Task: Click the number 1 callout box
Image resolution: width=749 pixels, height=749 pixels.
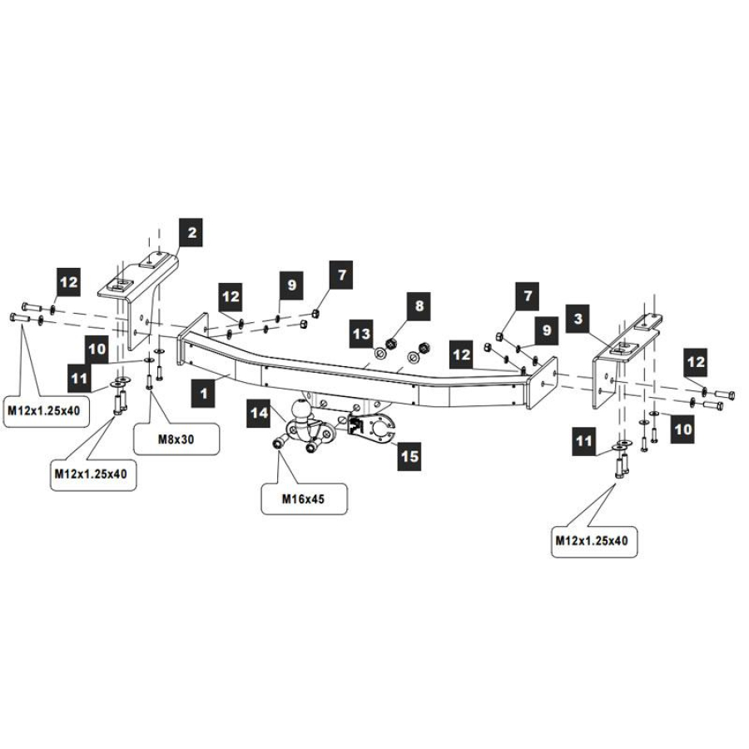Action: pyautogui.click(x=204, y=394)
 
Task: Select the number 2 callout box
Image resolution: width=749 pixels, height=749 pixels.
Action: pyautogui.click(x=191, y=233)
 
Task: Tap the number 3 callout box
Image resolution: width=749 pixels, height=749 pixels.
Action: pyautogui.click(x=578, y=319)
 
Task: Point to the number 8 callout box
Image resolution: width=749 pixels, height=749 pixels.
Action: pyautogui.click(x=419, y=306)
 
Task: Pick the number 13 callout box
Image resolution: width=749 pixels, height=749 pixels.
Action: pyautogui.click(x=361, y=334)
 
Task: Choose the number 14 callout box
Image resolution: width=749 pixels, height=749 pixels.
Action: pyautogui.click(x=260, y=413)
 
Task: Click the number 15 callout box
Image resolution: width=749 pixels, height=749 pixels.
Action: pyautogui.click(x=409, y=456)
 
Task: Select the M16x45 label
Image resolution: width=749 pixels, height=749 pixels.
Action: pyautogui.click(x=303, y=499)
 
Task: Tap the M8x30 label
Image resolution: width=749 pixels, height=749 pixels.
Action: pyautogui.click(x=176, y=439)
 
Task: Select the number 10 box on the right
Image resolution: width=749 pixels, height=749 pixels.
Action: pyautogui.click(x=682, y=429)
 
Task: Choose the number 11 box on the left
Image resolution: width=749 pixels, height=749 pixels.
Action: pyautogui.click(x=79, y=379)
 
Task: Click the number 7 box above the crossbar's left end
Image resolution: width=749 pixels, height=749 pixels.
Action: pyautogui.click(x=341, y=275)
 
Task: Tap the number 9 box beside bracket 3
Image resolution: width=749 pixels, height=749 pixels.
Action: pyautogui.click(x=547, y=330)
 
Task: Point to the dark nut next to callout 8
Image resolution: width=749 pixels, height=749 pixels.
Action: pyautogui.click(x=392, y=344)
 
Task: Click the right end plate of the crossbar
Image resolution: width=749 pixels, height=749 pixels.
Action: pyautogui.click(x=541, y=383)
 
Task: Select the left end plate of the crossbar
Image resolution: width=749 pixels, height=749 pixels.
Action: pyautogui.click(x=192, y=340)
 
